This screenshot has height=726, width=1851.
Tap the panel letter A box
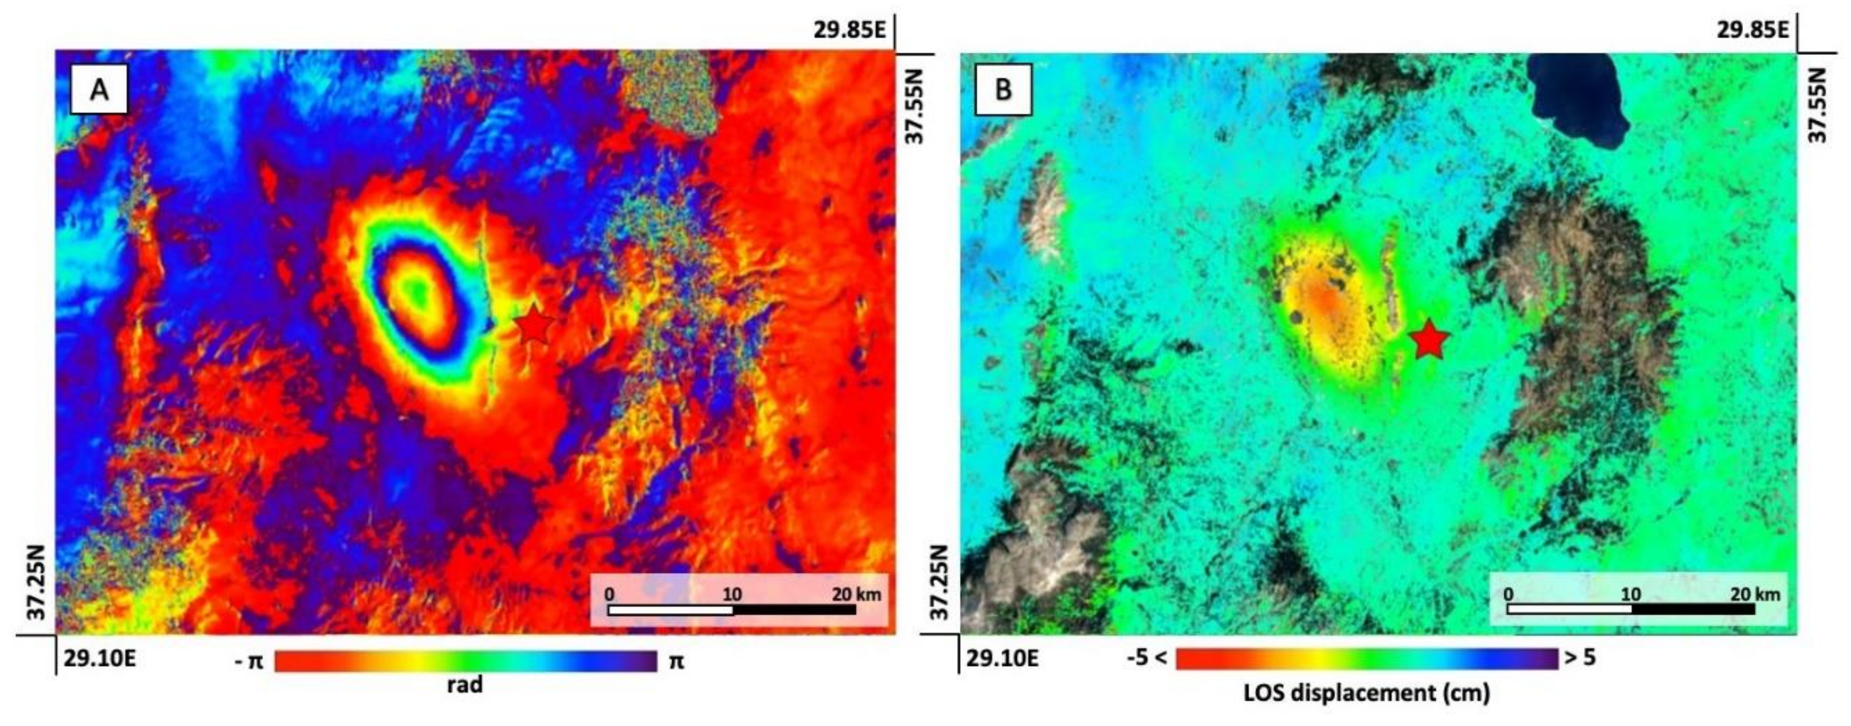pos(99,89)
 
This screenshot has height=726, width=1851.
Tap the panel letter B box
pos(1003,89)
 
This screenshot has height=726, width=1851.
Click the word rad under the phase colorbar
pos(465,684)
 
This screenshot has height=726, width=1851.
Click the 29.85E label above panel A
pos(850,30)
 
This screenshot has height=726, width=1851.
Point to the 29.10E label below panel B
pos(1002,658)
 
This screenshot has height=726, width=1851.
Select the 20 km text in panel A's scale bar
pos(857,594)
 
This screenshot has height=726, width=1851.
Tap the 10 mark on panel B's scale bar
pos(1631,594)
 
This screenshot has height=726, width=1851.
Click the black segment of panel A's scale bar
pos(795,610)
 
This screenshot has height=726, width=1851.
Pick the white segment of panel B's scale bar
pos(1569,609)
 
